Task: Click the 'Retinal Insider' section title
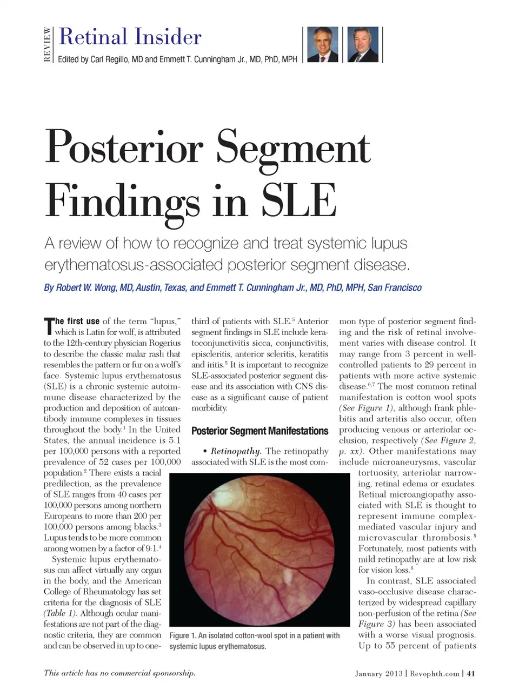point(130,37)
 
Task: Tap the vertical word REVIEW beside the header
point(48,44)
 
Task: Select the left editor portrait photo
point(323,44)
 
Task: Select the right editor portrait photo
point(363,44)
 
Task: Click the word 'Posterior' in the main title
point(124,147)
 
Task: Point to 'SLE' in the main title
point(298,201)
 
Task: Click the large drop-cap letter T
point(49,326)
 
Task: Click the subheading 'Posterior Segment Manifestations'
point(259,431)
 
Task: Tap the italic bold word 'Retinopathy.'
point(236,451)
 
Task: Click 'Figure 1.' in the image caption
point(182,636)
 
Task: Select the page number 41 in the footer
point(470,674)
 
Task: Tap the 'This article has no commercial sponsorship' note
point(119,673)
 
